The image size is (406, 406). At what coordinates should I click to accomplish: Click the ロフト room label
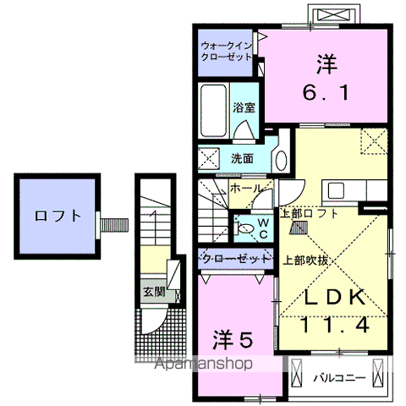[59, 216]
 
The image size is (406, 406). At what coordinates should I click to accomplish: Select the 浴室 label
[247, 107]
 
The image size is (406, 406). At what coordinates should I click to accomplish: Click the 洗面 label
[242, 158]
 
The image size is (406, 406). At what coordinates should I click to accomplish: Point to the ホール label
[245, 188]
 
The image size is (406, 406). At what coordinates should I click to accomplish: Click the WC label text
[263, 227]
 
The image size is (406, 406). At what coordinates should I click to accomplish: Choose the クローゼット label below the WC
[236, 256]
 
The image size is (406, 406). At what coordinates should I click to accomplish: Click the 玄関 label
[153, 293]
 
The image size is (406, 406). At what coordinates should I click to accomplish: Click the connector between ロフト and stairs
[114, 224]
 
